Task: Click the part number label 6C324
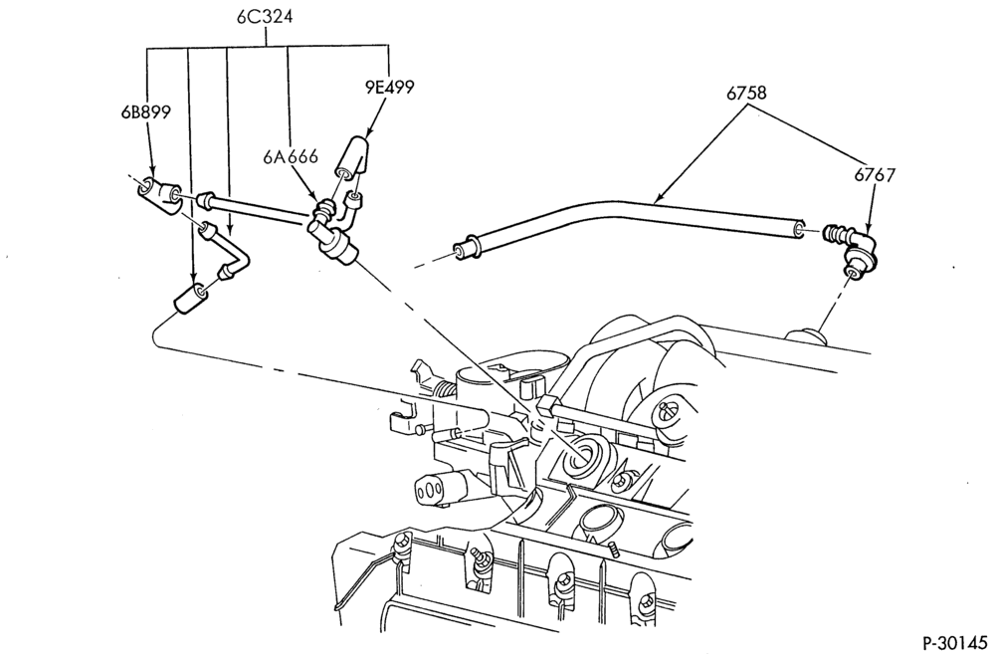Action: click(x=265, y=17)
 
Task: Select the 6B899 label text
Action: click(x=146, y=113)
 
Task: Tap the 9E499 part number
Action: click(x=388, y=87)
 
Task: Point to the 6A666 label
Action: click(x=291, y=156)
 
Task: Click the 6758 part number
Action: click(x=746, y=94)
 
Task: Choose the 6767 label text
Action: click(x=875, y=175)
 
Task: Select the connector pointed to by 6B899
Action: click(x=160, y=195)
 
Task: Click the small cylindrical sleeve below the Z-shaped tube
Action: click(x=190, y=299)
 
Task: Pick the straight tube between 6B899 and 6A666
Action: click(x=256, y=211)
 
